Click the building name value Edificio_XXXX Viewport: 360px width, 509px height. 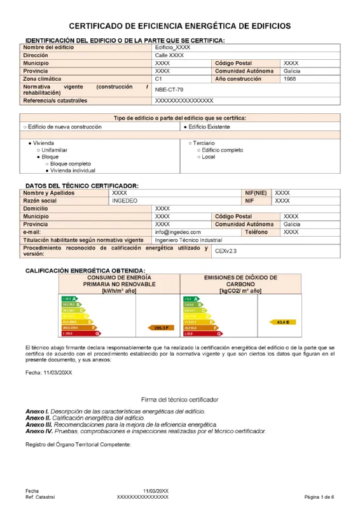coord(172,48)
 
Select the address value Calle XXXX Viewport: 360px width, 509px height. coord(169,56)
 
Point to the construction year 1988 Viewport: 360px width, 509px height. coord(289,80)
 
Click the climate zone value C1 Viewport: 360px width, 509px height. coord(159,80)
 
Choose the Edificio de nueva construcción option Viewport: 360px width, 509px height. coord(62,127)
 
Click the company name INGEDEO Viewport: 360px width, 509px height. coord(125,200)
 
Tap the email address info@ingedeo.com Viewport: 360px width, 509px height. coord(177,233)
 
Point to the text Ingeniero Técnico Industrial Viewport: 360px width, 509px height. coord(188,241)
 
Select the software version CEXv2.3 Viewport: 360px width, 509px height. coord(226,251)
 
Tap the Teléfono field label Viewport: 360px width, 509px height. coord(256,233)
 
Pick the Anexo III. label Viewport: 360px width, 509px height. coord(38,424)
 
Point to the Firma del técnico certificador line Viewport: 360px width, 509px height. coord(179,400)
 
